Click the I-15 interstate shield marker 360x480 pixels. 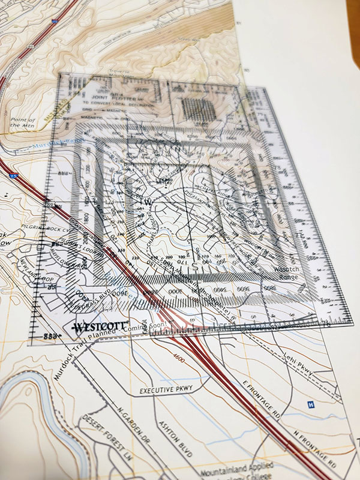point(13,176)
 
